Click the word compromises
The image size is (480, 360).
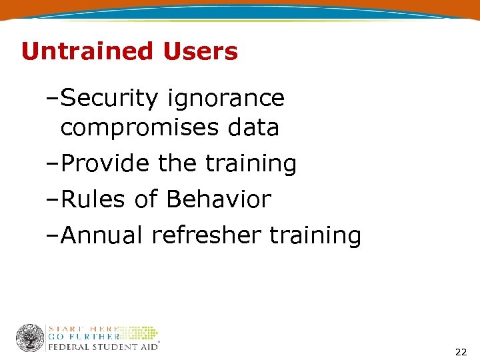click(x=141, y=127)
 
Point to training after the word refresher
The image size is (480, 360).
click(x=315, y=235)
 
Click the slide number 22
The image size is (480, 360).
click(x=460, y=351)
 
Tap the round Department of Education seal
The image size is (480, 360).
click(x=30, y=338)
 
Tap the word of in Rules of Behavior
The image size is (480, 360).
click(x=147, y=199)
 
